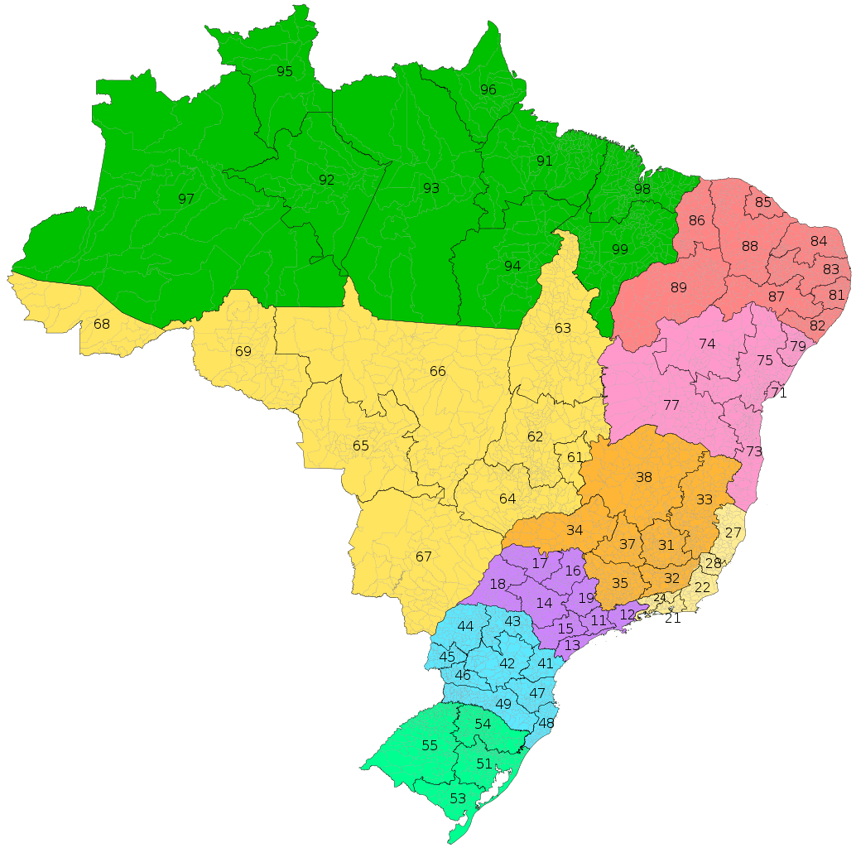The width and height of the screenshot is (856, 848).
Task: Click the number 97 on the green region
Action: [x=185, y=199]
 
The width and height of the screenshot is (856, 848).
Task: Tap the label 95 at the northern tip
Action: [x=285, y=71]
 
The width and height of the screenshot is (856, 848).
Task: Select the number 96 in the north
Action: [x=488, y=89]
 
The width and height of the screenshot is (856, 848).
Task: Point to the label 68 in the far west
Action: [x=102, y=324]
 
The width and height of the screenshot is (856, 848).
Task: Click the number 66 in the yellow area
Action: [x=438, y=371]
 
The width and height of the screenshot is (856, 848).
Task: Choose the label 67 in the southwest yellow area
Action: [x=424, y=556]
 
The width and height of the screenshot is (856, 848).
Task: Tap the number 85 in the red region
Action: [x=763, y=202]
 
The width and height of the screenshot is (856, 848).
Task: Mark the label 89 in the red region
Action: [x=679, y=287]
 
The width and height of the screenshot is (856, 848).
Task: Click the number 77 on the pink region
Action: [x=671, y=405]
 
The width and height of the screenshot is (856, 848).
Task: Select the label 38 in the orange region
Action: [x=644, y=477]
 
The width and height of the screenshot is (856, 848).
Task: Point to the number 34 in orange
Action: [x=575, y=530]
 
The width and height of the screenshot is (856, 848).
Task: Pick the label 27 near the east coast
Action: [x=733, y=532]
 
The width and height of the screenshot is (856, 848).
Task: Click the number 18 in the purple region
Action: [x=498, y=584]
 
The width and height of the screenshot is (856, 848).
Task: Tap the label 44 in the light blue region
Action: [x=466, y=626]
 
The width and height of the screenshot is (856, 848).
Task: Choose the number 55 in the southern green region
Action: [x=430, y=745]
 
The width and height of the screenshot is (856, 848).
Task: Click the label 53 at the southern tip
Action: [x=458, y=798]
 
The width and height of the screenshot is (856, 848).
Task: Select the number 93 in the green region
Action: [x=431, y=188]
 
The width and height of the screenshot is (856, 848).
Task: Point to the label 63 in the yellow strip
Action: [x=563, y=328]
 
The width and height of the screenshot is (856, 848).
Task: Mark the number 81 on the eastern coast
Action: [x=837, y=295]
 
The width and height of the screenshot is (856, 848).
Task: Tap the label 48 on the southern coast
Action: [x=546, y=723]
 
